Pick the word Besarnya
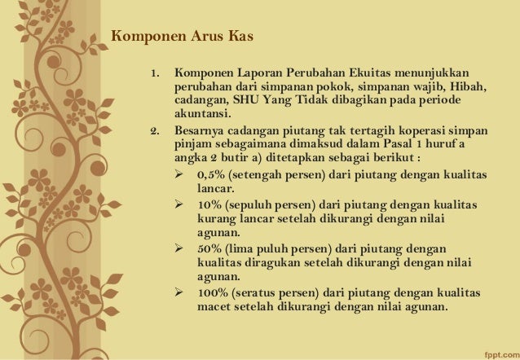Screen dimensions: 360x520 point(200,131)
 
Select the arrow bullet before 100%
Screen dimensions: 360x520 point(180,292)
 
